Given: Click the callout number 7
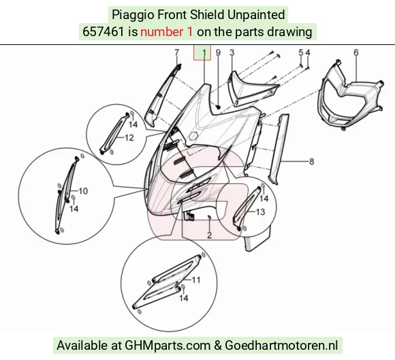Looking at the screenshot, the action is point(177,52).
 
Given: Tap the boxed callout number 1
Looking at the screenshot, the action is point(204,52).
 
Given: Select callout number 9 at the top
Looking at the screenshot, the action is point(218,52).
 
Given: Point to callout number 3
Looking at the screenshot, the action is point(232,52).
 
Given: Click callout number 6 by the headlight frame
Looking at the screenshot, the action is point(356,52).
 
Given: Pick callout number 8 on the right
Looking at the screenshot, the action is point(312,162).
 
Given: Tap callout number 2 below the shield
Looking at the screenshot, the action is point(209,235).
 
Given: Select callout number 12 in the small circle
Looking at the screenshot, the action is point(129,138).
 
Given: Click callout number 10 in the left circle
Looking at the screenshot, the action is point(83,191).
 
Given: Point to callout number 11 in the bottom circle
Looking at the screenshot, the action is point(196,280).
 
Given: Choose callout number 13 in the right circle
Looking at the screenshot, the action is point(260,212).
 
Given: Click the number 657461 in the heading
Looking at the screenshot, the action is point(104,32).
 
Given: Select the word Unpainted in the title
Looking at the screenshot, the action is point(256,14).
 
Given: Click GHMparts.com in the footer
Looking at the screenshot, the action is point(168,346).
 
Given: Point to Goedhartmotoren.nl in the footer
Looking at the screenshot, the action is point(281,345).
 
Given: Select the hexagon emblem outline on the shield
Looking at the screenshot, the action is point(193,136).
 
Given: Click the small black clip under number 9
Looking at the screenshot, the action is point(218,107).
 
